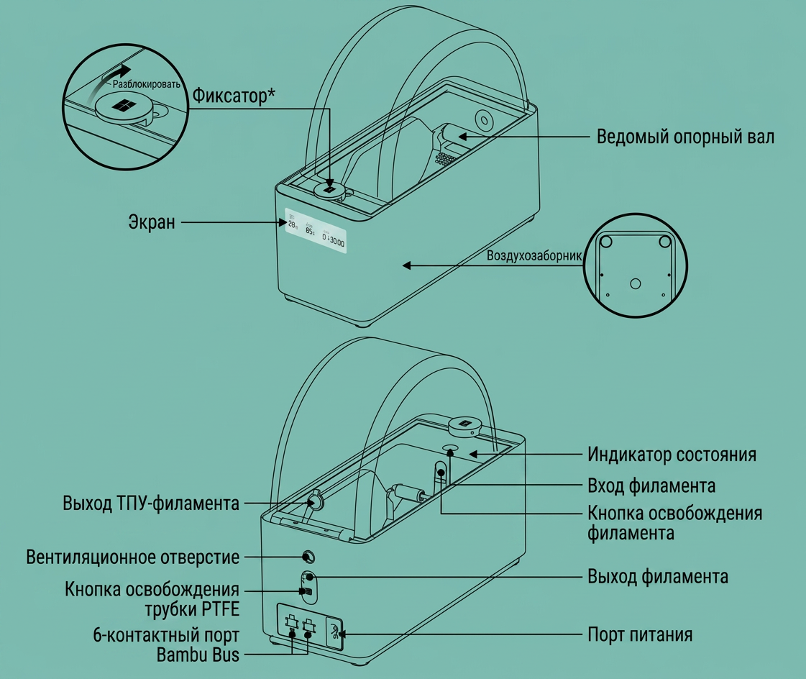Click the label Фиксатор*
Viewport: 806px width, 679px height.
pyautogui.click(x=234, y=96)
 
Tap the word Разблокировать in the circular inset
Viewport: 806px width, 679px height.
pyautogui.click(x=147, y=84)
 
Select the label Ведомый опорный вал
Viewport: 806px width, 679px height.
pyautogui.click(x=685, y=137)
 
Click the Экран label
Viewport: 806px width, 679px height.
pyautogui.click(x=152, y=223)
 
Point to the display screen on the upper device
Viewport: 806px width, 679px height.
pyautogui.click(x=316, y=231)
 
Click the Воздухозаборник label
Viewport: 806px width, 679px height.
pyautogui.click(x=534, y=255)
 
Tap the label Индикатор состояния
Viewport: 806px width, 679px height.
pyautogui.click(x=672, y=455)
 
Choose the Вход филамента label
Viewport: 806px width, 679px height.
pyautogui.click(x=651, y=486)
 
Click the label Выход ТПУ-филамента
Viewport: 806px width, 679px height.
pyautogui.click(x=151, y=503)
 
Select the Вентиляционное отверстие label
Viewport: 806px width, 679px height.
pyautogui.click(x=132, y=557)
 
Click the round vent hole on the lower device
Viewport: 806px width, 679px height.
pyautogui.click(x=308, y=557)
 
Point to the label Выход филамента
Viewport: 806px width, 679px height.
pyautogui.click(x=658, y=577)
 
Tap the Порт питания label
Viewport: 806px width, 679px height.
pyautogui.click(x=640, y=634)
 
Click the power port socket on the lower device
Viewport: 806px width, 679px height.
pyautogui.click(x=334, y=632)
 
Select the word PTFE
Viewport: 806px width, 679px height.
pyautogui.click(x=219, y=609)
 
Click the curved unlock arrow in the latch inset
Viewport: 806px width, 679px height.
pyautogui.click(x=106, y=82)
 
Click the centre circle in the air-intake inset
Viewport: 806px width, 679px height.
pyautogui.click(x=636, y=283)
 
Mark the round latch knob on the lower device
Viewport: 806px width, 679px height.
pyautogui.click(x=464, y=425)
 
